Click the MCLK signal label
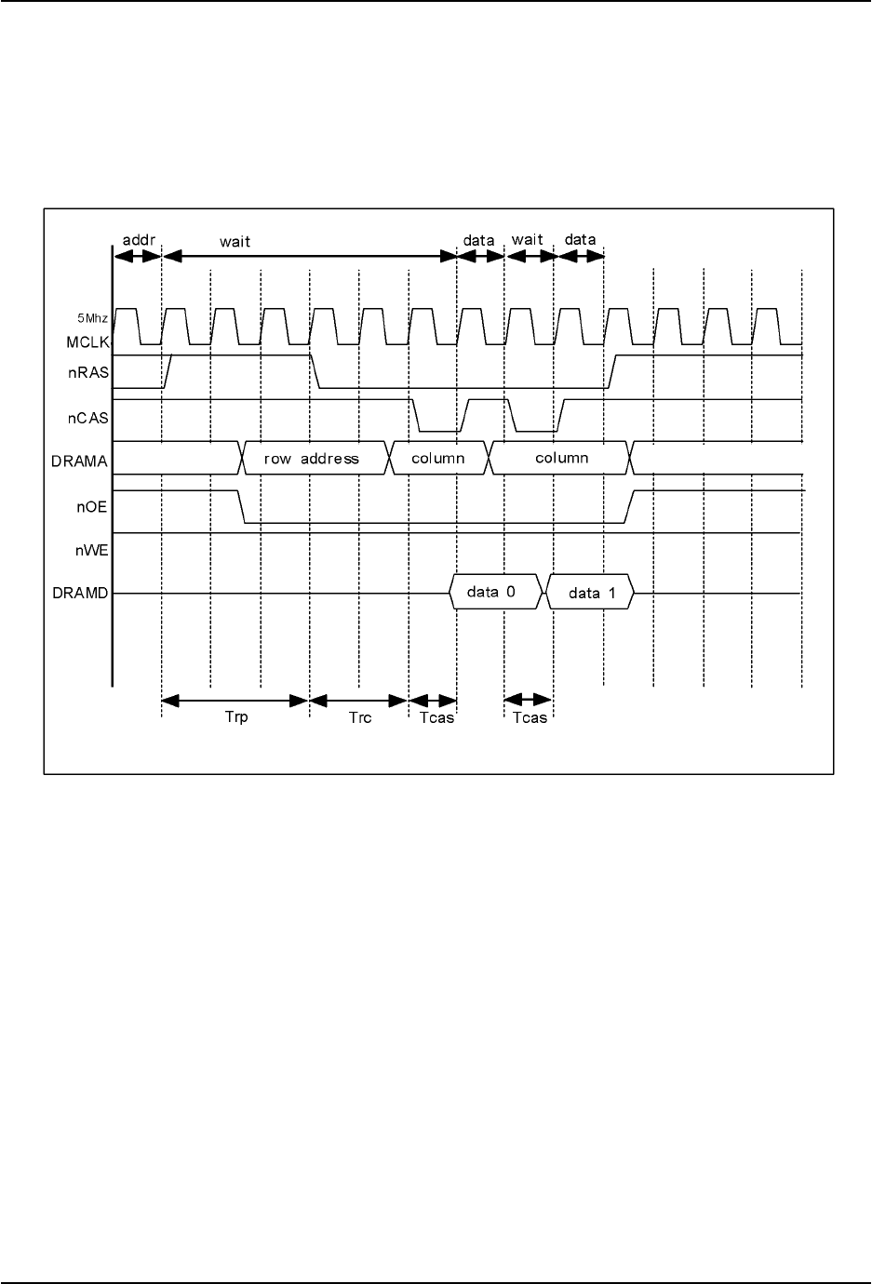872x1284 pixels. tap(88, 342)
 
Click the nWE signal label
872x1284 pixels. tap(92, 550)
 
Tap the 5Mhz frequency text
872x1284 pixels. tap(92, 318)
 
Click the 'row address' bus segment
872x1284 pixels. tap(312, 459)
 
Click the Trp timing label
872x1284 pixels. tap(236, 717)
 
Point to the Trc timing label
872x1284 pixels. tap(360, 717)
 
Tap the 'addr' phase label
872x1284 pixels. tap(137, 239)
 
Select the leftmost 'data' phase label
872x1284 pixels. tap(479, 239)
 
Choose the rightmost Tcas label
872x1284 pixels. tap(530, 717)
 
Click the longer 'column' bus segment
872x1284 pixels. tap(561, 459)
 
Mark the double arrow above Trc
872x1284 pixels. tap(359, 700)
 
